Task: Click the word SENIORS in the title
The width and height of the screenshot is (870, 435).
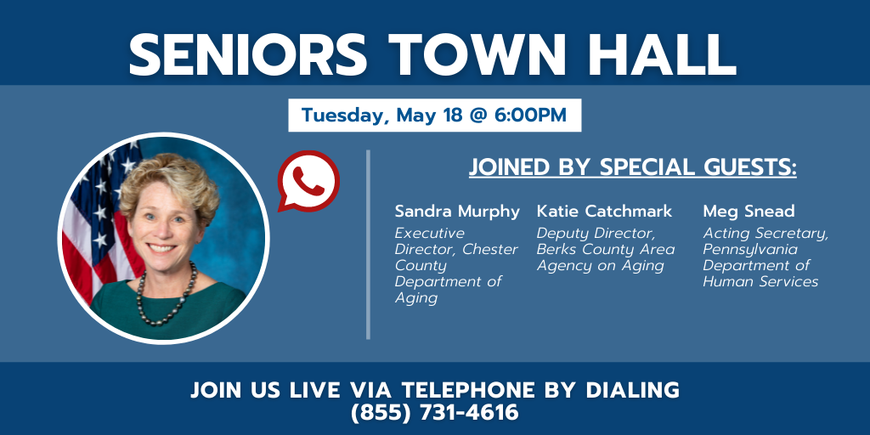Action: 248,54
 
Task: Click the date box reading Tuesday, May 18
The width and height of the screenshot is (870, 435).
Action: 434,116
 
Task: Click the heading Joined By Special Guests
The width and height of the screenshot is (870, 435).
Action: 632,167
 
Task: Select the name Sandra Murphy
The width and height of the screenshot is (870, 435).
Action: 457,212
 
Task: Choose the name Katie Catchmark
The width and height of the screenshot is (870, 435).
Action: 604,212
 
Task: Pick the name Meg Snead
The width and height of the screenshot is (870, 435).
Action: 749,212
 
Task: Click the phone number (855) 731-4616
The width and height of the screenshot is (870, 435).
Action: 434,412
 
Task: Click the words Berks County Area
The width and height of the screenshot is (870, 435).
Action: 606,250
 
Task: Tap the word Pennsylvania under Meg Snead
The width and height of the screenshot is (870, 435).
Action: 750,251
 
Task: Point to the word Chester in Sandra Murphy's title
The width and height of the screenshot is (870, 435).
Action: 490,250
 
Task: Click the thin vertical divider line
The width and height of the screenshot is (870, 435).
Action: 368,244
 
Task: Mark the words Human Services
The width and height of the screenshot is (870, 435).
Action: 760,282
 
